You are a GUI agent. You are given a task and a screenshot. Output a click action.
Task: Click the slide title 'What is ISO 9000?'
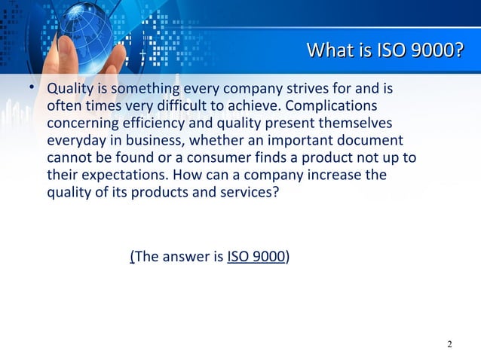tap(384, 52)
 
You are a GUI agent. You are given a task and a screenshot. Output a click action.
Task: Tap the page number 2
tap(450, 345)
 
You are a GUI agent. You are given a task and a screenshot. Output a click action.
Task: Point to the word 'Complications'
tap(339, 107)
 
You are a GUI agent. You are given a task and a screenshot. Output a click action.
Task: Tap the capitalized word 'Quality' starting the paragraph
tap(69, 90)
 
